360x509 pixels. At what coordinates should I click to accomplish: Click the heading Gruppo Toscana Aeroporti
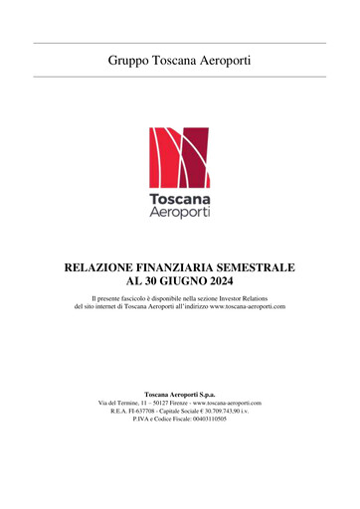[179, 61]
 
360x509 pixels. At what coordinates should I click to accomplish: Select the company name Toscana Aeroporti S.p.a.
[179, 395]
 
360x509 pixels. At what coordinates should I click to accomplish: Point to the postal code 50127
[163, 403]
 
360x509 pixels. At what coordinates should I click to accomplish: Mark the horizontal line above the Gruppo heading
[179, 43]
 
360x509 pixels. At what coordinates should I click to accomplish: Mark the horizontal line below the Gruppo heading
[179, 77]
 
